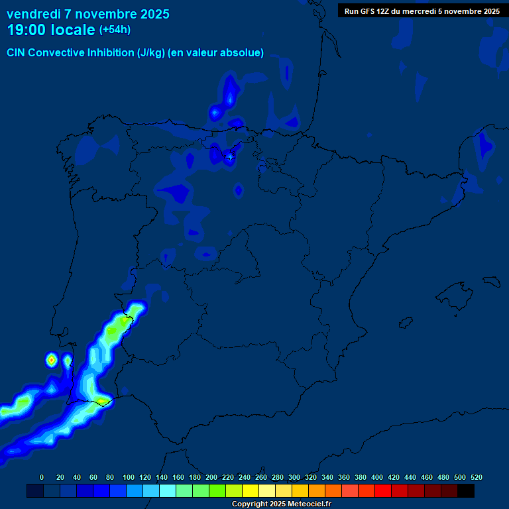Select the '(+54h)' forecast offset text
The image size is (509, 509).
(115, 30)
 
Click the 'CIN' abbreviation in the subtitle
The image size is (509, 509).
(16, 53)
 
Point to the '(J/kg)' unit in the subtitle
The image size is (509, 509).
(151, 53)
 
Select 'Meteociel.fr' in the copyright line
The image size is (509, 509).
(308, 504)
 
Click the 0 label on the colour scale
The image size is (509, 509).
(42, 477)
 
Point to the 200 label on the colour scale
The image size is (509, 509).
(211, 477)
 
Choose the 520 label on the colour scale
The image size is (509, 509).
(476, 477)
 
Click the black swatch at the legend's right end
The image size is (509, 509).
(466, 490)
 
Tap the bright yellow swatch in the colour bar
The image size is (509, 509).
(251, 490)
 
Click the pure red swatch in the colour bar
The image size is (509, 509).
(383, 490)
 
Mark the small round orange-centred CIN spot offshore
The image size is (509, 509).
(52, 359)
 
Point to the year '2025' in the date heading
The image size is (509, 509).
(150, 14)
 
